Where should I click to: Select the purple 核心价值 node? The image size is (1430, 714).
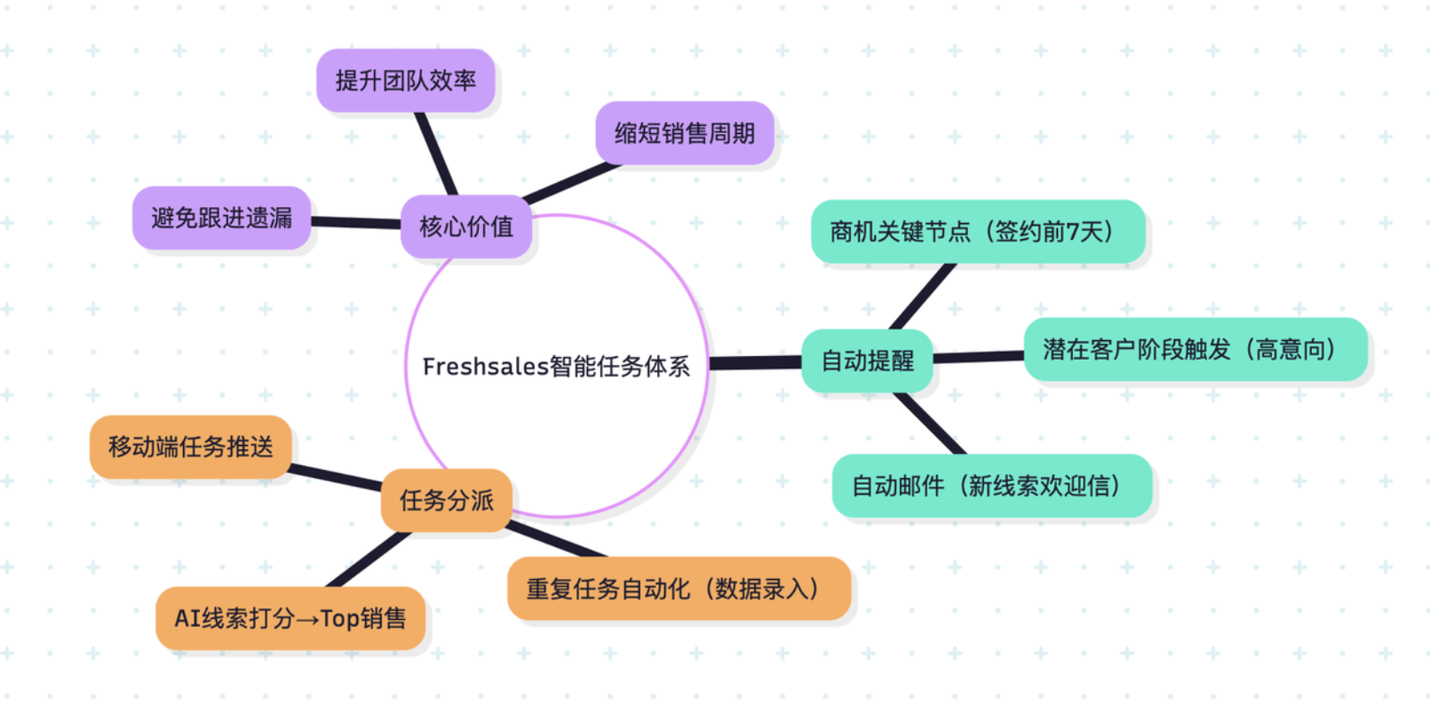(x=466, y=227)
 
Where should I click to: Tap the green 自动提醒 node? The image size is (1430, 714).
(x=867, y=361)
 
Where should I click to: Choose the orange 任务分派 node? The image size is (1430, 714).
(x=446, y=500)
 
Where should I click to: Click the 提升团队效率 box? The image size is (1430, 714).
(x=405, y=81)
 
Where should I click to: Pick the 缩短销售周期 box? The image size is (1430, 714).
(x=684, y=133)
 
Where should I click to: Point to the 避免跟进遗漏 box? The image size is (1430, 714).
(x=221, y=218)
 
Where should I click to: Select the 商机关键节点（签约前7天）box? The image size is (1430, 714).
(x=977, y=232)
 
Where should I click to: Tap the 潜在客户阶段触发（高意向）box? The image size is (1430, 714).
(x=1195, y=349)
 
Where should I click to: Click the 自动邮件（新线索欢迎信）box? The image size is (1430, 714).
(x=991, y=486)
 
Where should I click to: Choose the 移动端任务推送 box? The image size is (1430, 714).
(x=190, y=447)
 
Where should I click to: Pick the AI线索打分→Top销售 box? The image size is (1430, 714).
(x=290, y=618)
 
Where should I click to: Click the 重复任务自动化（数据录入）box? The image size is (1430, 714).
(x=678, y=589)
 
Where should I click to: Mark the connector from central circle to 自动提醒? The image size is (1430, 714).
(x=755, y=362)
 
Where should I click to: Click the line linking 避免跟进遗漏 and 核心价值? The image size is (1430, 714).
(x=355, y=222)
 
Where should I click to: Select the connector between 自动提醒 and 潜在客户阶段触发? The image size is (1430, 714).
(x=978, y=357)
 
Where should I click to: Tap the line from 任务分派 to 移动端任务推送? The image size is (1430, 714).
(x=336, y=477)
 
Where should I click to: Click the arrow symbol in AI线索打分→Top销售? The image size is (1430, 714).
(x=306, y=619)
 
